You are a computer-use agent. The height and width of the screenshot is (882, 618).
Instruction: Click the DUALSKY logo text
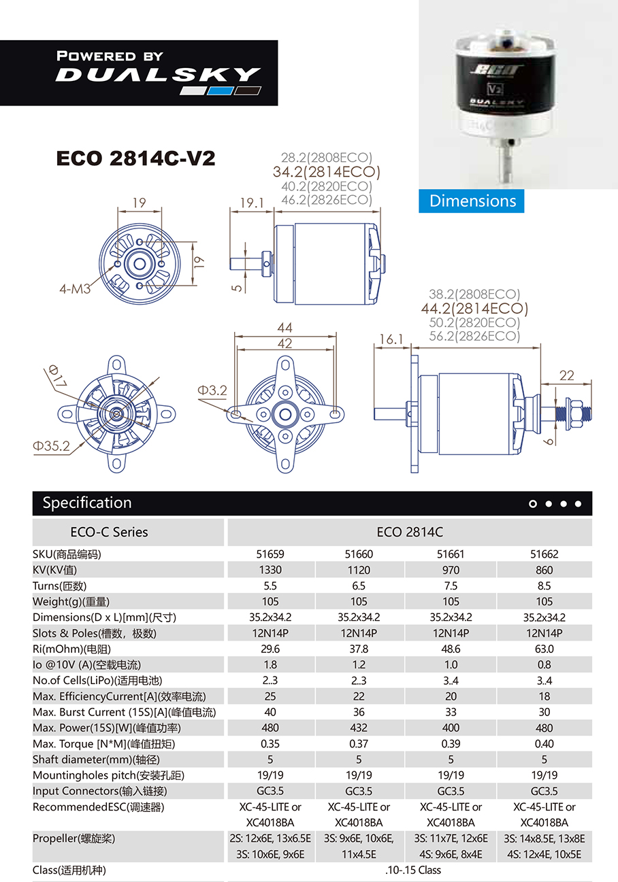point(158,74)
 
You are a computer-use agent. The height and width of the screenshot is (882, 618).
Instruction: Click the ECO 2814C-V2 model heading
point(135,158)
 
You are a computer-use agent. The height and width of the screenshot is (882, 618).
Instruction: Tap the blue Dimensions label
point(472,201)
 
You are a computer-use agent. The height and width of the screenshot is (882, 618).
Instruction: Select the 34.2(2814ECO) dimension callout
point(326,171)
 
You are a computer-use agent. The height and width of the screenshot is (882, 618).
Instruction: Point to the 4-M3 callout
point(75,289)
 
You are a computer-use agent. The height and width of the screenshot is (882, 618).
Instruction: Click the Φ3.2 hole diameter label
point(212,390)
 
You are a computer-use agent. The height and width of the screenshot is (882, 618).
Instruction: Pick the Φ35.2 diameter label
point(51,445)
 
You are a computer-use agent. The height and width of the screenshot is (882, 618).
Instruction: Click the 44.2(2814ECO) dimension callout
point(474,308)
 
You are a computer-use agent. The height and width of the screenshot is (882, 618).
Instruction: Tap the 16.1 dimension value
point(391,339)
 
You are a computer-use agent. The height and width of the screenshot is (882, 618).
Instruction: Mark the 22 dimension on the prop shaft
point(566,375)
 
